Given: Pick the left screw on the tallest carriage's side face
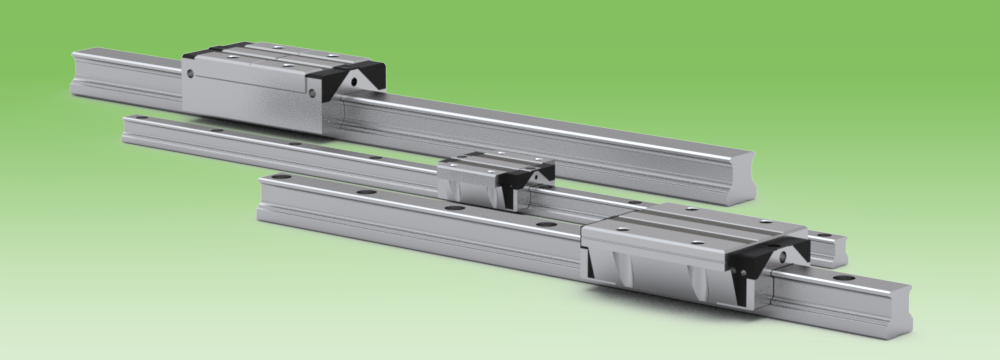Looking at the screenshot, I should pyautogui.click(x=187, y=73).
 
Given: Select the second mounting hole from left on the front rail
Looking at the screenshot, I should pyautogui.click(x=366, y=191).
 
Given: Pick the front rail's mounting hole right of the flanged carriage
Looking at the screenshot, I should pyautogui.click(x=840, y=278).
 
